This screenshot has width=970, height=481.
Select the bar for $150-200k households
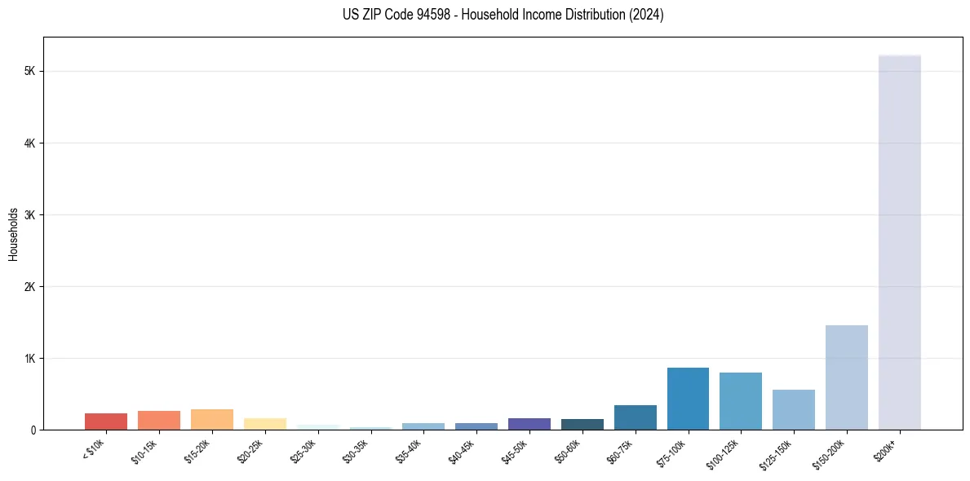click(x=846, y=377)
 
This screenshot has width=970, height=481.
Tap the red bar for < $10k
click(x=106, y=421)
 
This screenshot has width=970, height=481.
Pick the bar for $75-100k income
click(x=688, y=399)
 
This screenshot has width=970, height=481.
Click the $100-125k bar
click(x=741, y=401)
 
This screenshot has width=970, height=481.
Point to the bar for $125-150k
click(x=793, y=409)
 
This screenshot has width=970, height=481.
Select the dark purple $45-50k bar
click(x=529, y=424)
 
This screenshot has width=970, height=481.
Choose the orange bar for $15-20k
click(x=212, y=419)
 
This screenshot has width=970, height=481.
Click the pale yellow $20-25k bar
click(x=264, y=424)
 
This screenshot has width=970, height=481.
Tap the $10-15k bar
click(x=159, y=420)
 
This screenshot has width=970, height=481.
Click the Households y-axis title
click(x=13, y=234)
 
